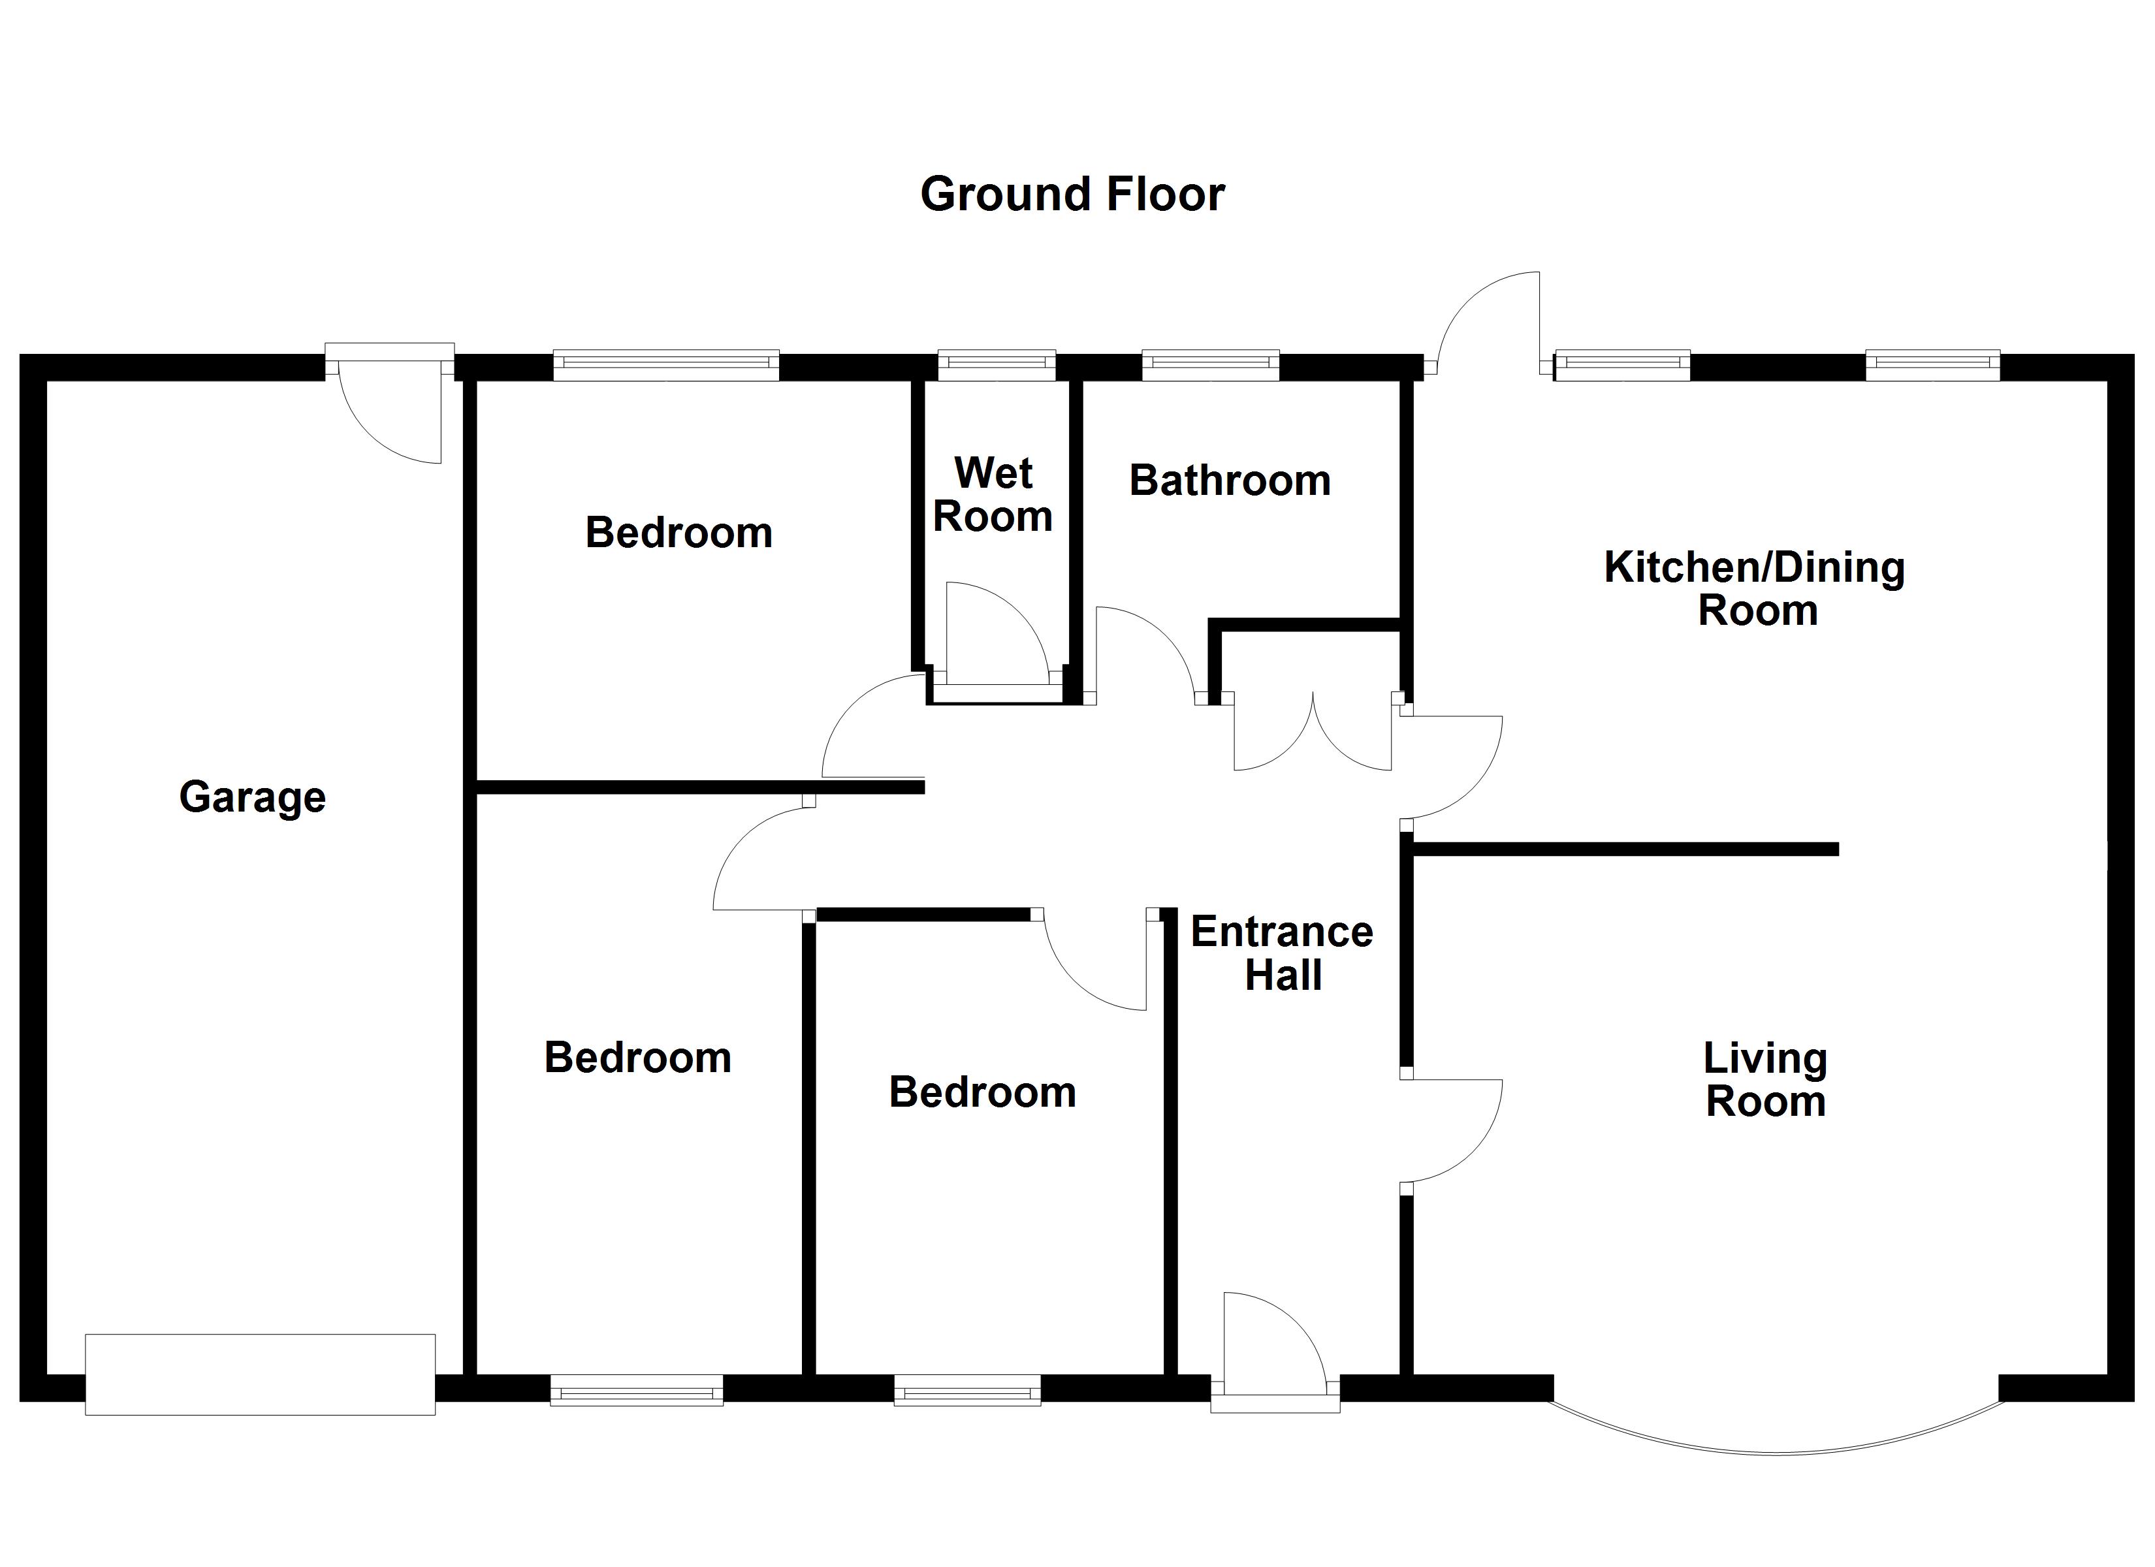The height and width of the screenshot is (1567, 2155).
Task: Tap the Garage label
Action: coord(252,797)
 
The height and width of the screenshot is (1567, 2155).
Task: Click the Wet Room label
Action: coord(993,494)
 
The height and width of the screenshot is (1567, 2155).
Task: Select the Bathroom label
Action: coord(1230,481)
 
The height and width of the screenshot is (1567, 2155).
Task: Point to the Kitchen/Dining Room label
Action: coord(1755,588)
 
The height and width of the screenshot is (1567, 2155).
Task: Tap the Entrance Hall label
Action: coord(1282,953)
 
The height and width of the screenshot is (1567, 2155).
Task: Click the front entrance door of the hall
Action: coord(1273,1344)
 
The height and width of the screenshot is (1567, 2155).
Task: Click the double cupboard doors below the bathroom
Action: coord(1312,736)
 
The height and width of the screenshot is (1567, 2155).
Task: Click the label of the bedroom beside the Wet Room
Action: coord(678,532)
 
